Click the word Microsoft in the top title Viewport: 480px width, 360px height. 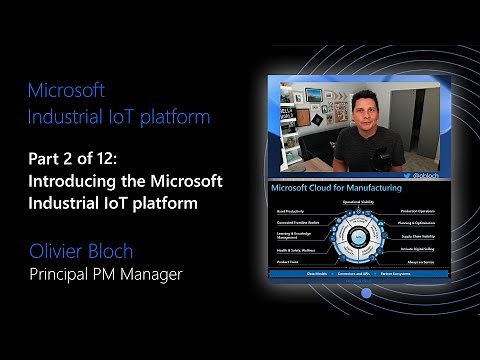pos(67,91)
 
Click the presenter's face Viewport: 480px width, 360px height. pos(362,107)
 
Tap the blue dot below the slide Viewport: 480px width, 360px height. pos(366,294)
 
